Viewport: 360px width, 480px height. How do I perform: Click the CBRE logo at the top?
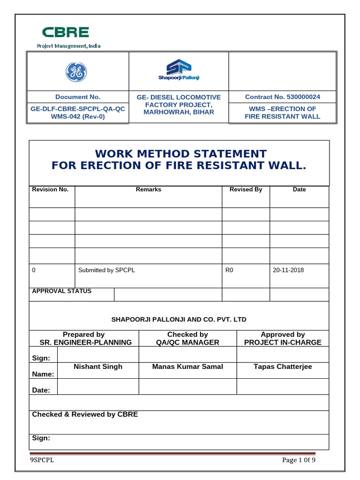click(x=65, y=32)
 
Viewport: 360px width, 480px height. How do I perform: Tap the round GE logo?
click(x=76, y=72)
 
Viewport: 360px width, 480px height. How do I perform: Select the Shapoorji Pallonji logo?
click(x=178, y=70)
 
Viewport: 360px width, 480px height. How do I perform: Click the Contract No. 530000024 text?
click(x=282, y=97)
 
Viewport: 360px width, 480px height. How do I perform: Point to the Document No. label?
click(x=78, y=97)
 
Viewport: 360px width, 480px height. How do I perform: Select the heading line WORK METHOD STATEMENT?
click(x=180, y=154)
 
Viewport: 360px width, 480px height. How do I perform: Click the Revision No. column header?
click(x=50, y=189)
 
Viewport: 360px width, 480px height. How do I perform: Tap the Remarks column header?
click(x=148, y=189)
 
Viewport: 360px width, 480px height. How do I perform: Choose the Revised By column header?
click(x=246, y=189)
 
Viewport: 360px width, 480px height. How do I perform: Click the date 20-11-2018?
click(x=288, y=270)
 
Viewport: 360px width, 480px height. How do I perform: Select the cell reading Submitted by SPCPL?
click(x=106, y=270)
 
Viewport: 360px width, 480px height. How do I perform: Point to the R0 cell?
click(x=229, y=270)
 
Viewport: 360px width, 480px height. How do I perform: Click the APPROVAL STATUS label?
click(x=61, y=291)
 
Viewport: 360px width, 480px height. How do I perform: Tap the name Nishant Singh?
click(x=98, y=367)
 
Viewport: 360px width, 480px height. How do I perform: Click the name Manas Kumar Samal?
click(x=187, y=367)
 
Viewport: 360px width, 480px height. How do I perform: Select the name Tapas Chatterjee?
click(x=283, y=367)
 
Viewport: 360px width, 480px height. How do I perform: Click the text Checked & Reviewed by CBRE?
click(x=85, y=414)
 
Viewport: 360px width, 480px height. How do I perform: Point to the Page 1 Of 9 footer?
click(x=299, y=460)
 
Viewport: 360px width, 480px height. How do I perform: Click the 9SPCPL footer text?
click(x=42, y=460)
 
